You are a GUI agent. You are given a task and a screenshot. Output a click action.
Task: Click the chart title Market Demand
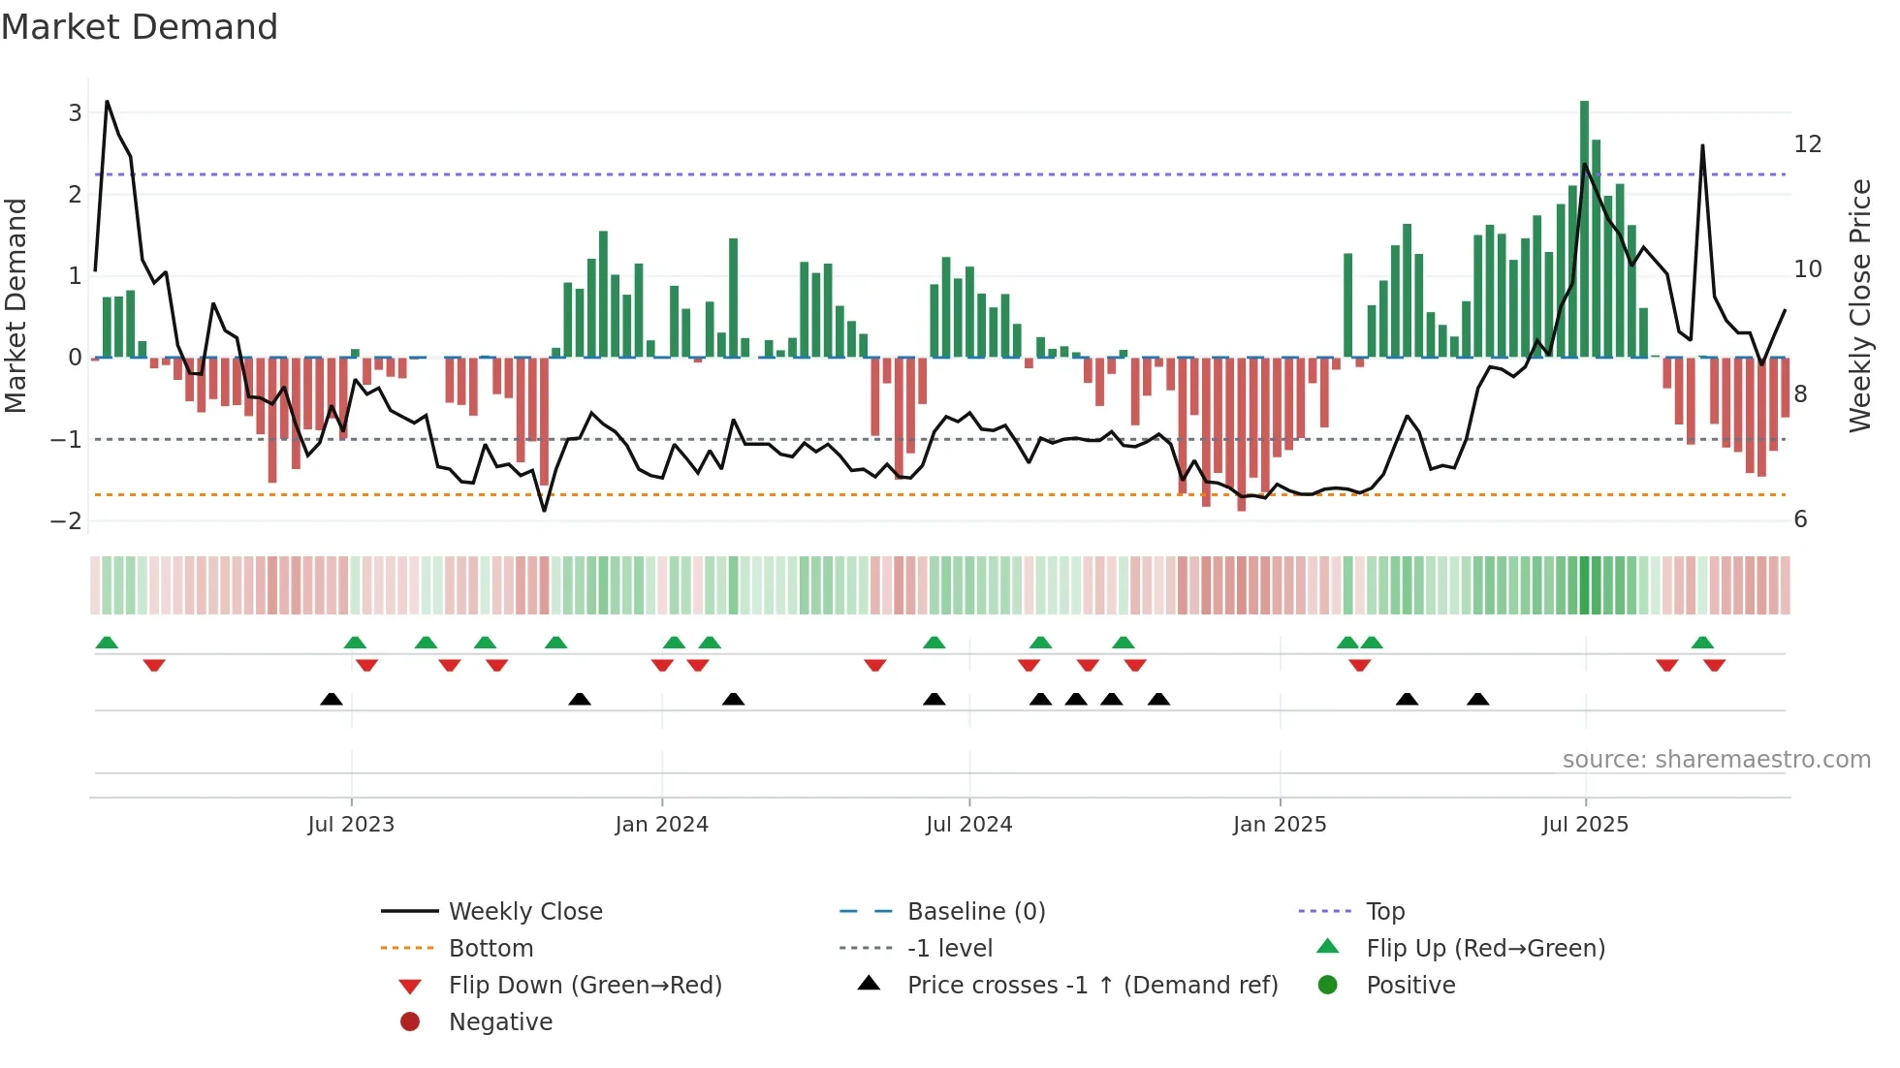coord(140,27)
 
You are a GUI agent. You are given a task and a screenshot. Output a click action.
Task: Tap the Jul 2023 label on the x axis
coord(351,825)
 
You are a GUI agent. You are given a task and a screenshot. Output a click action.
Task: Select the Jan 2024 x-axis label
coord(661,825)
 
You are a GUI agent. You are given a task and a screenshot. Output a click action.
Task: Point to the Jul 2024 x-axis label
coord(968,825)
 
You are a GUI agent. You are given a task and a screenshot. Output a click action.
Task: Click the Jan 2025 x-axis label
coord(1280,825)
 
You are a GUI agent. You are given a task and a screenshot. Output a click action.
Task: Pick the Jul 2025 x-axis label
coord(1585,825)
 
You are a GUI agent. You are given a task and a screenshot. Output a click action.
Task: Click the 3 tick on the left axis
coord(75,112)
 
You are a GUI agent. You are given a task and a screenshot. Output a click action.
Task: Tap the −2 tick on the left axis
coord(67,520)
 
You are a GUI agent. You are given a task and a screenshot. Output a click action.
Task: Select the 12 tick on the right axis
coord(1808,144)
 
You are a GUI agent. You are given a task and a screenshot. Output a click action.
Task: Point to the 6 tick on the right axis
coord(1800,519)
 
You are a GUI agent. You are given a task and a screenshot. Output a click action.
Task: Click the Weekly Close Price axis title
coord(1859,305)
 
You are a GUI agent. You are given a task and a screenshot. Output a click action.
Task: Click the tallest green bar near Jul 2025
coord(1584,228)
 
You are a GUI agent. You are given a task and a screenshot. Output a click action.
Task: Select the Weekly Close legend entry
coord(524,912)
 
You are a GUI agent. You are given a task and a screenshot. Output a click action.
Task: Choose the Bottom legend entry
coord(491,949)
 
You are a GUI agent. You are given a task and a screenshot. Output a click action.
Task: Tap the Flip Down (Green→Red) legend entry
coord(585,986)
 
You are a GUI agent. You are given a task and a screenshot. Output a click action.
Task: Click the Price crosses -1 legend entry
coord(1092,986)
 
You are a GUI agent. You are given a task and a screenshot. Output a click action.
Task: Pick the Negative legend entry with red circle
coord(500,1022)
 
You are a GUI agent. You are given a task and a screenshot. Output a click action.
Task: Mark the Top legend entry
coord(1385,912)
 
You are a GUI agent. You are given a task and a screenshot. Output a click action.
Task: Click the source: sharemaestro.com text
coord(1716,760)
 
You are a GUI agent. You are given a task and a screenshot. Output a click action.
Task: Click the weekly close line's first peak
coord(107,101)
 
